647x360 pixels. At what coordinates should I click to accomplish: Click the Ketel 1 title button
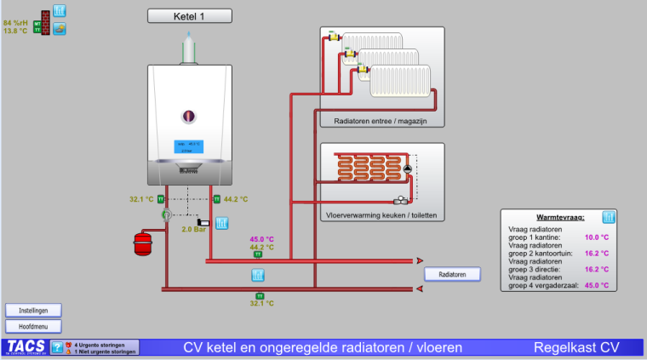190,15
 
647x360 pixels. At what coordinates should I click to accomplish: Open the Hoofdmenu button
33,326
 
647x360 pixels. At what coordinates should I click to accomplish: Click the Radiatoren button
452,274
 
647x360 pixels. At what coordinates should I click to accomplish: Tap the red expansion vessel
142,243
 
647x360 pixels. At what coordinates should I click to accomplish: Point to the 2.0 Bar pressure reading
194,229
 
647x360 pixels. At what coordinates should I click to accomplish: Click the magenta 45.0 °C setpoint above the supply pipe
261,238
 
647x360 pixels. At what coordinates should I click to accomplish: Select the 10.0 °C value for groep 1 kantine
597,237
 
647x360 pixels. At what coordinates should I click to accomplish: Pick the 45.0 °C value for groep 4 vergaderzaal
597,286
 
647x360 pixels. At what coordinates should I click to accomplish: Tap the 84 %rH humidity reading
16,22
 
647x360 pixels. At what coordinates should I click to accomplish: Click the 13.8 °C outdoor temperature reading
16,31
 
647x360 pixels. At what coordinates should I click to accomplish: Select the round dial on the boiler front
190,115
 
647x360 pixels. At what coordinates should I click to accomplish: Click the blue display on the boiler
188,146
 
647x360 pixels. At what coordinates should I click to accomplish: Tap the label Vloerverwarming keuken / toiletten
381,215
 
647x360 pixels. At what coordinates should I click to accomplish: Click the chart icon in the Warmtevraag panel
609,218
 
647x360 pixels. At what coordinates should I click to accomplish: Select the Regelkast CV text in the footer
576,347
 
